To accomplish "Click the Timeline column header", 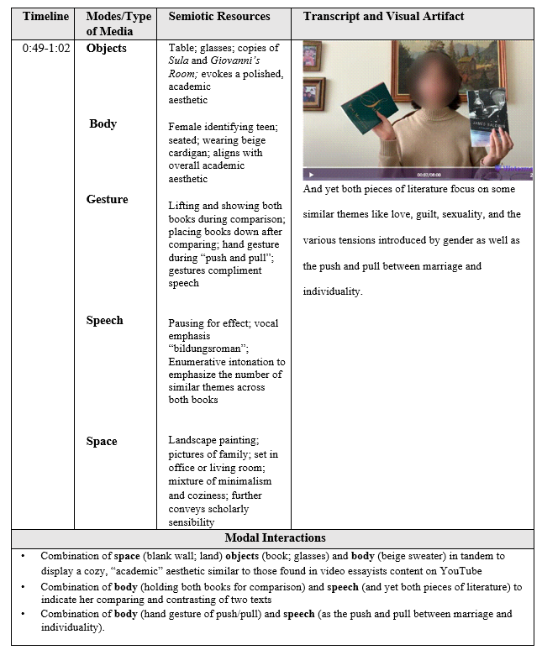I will click(45, 16).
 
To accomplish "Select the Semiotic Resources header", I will click(219, 16).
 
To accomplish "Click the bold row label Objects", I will click(107, 48).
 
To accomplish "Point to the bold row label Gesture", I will click(108, 199).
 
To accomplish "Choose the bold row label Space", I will click(102, 441).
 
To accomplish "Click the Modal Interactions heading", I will click(275, 537).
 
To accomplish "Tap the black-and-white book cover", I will click(488, 118).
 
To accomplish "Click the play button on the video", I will click(313, 174).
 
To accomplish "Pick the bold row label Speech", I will click(104, 320).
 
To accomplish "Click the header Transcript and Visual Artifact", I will click(383, 16).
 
